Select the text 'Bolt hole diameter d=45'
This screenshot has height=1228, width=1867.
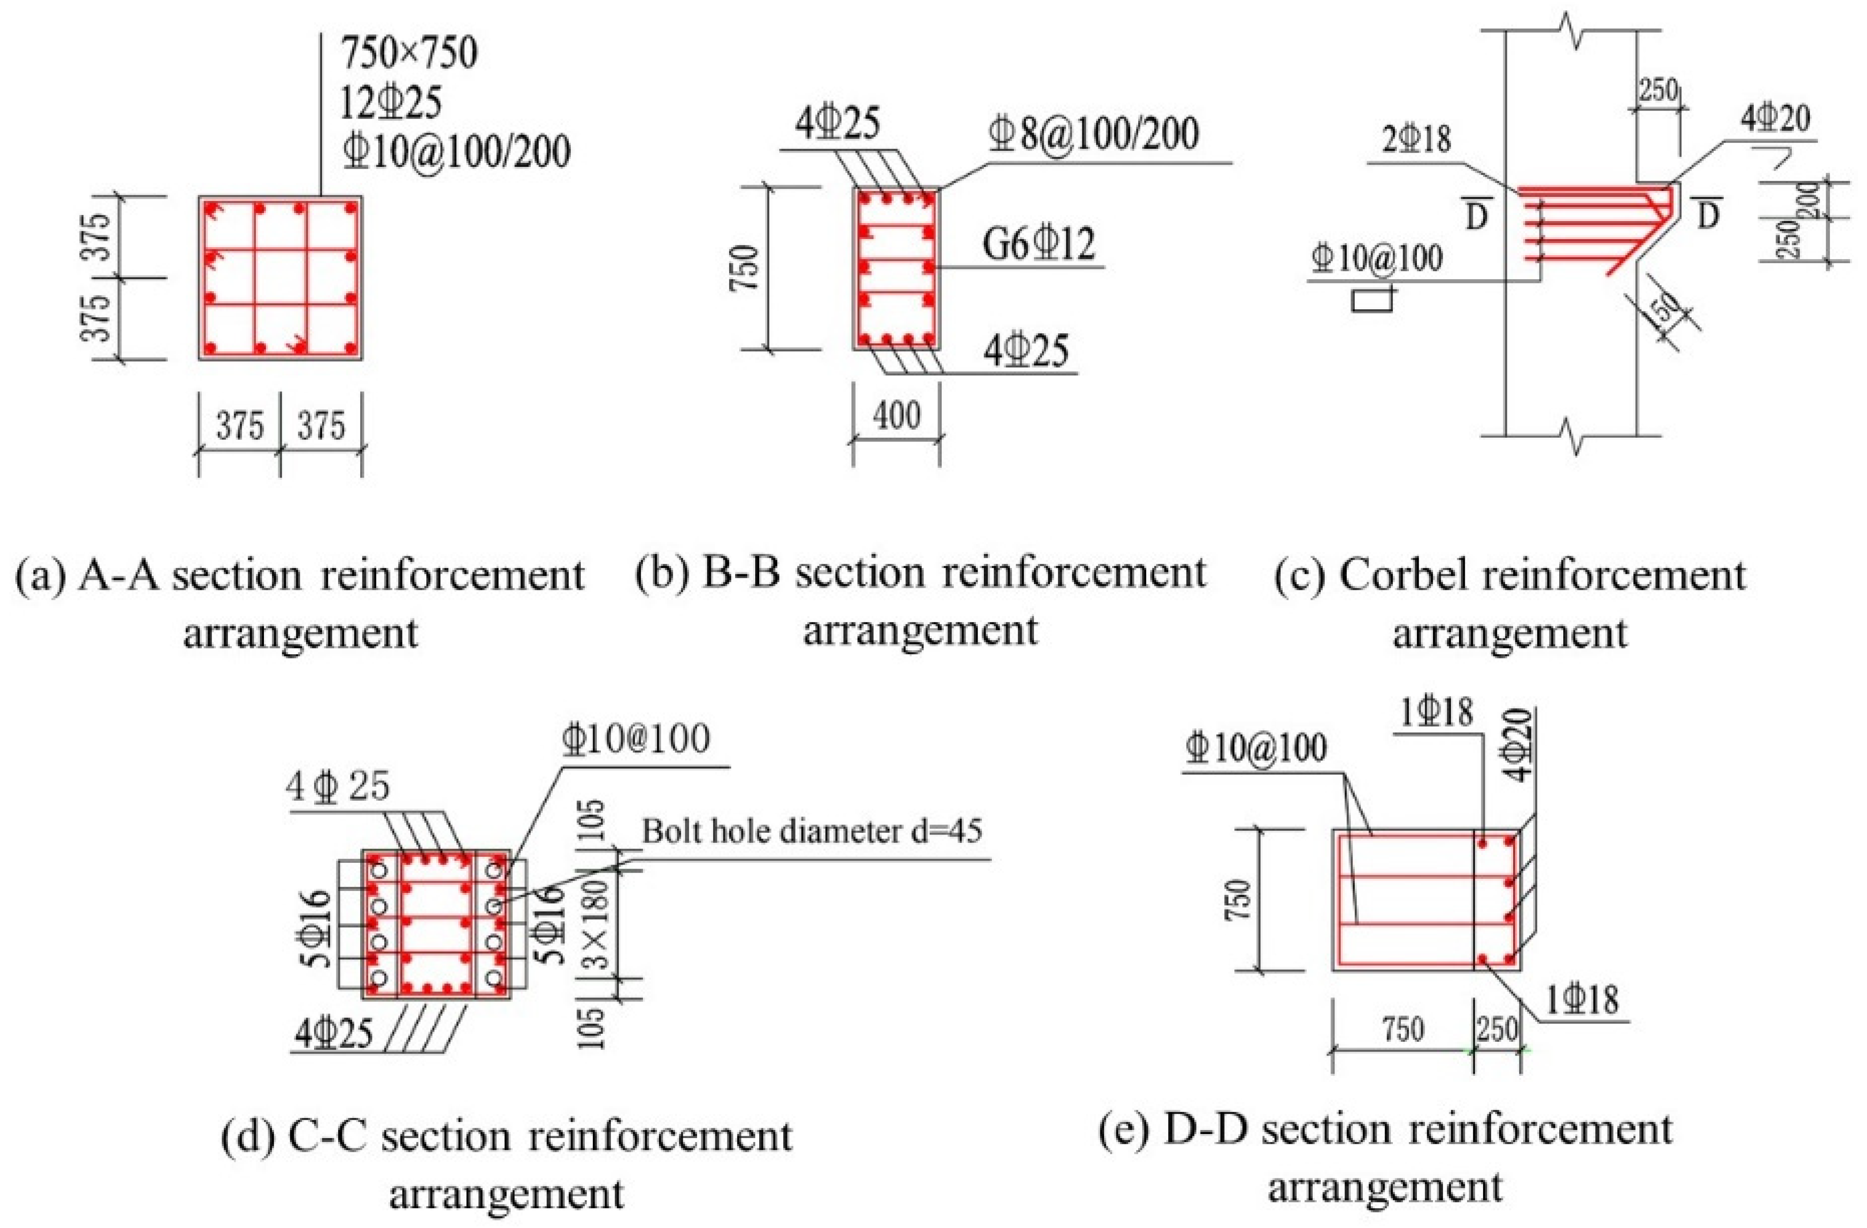click(x=812, y=830)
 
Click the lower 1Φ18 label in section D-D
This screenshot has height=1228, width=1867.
click(x=1581, y=1001)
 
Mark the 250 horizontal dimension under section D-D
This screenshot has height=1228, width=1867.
click(x=1497, y=1029)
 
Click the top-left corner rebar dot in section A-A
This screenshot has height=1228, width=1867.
click(x=210, y=209)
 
